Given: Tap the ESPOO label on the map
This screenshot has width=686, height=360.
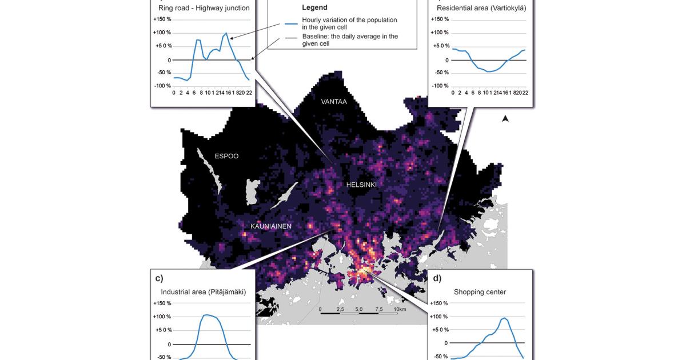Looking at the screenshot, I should [226, 156].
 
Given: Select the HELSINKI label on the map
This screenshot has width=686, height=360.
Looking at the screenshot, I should [361, 185].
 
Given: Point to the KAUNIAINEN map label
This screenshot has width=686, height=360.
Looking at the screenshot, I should [271, 226].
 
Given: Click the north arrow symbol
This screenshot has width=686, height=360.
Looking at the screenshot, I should [505, 119].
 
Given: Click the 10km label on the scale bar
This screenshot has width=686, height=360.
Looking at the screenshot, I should [400, 309].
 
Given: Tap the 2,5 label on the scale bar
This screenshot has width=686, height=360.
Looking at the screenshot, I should [340, 309].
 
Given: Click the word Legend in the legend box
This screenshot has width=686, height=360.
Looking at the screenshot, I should [314, 7].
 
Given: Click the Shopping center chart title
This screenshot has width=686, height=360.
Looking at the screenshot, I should [480, 292].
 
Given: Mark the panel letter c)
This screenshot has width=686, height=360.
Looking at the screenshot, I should [159, 278].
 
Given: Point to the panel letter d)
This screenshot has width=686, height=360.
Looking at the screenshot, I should [437, 278].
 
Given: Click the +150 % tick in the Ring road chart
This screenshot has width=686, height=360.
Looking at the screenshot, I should [162, 19].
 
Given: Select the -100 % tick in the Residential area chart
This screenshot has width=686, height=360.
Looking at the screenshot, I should [441, 86].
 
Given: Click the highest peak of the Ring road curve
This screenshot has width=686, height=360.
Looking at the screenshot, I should [226, 33].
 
